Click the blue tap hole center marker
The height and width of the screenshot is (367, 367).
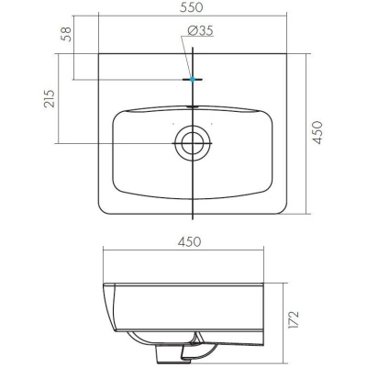pos(193,80)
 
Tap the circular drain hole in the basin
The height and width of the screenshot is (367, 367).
pos(193,142)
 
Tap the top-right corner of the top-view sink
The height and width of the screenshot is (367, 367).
pos(288,54)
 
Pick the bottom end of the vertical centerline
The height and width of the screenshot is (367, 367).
pos(193,221)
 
